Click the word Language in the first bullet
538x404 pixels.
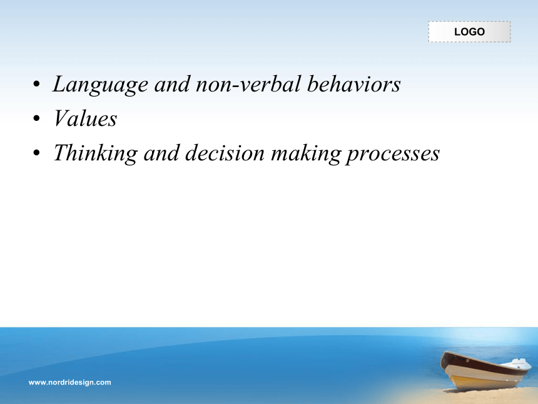pos(100,85)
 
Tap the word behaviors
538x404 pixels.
pos(353,84)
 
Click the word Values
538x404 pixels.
pos(85,118)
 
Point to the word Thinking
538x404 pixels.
pos(96,153)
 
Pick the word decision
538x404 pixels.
pos(225,153)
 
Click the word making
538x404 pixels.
pos(305,153)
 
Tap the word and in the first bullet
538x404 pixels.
pos(172,84)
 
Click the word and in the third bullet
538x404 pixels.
pos(161,153)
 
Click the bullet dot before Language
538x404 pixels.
pos(36,84)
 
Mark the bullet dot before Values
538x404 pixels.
pos(36,118)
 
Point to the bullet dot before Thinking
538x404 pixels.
pos(36,153)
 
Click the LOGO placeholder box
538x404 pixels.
pos(469,32)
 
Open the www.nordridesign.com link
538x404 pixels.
pos(69,382)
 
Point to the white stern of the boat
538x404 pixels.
pos(520,363)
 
